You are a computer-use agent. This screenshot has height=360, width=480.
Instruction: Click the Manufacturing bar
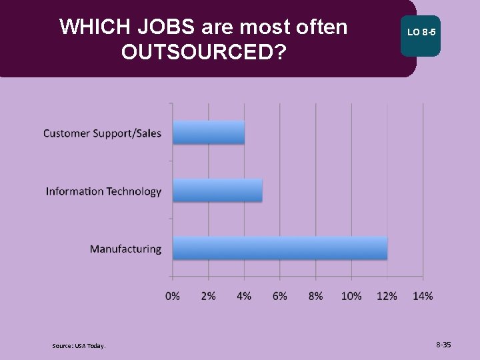click(280, 248)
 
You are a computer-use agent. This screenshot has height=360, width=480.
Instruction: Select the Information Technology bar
click(217, 191)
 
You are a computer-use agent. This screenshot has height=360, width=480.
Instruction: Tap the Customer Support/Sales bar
click(209, 133)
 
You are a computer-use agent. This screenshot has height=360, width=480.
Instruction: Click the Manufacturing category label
click(125, 249)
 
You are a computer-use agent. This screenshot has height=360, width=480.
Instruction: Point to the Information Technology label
click(103, 191)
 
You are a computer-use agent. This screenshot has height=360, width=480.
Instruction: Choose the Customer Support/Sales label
click(102, 133)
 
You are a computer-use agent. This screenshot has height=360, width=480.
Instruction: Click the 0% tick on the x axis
click(173, 296)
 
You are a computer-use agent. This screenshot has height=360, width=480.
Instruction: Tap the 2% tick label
click(208, 296)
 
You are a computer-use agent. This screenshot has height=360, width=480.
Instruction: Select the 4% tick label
click(244, 296)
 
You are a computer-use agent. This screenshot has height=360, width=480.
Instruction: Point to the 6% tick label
click(279, 296)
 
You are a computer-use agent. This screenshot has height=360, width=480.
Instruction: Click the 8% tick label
click(315, 296)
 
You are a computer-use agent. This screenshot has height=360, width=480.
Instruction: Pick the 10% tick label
click(351, 296)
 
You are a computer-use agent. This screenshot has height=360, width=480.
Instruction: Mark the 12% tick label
click(387, 296)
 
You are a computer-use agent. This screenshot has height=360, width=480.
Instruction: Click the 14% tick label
click(423, 296)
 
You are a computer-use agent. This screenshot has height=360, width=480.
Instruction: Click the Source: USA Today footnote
click(79, 345)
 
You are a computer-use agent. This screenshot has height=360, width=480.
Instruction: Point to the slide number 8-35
click(443, 345)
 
